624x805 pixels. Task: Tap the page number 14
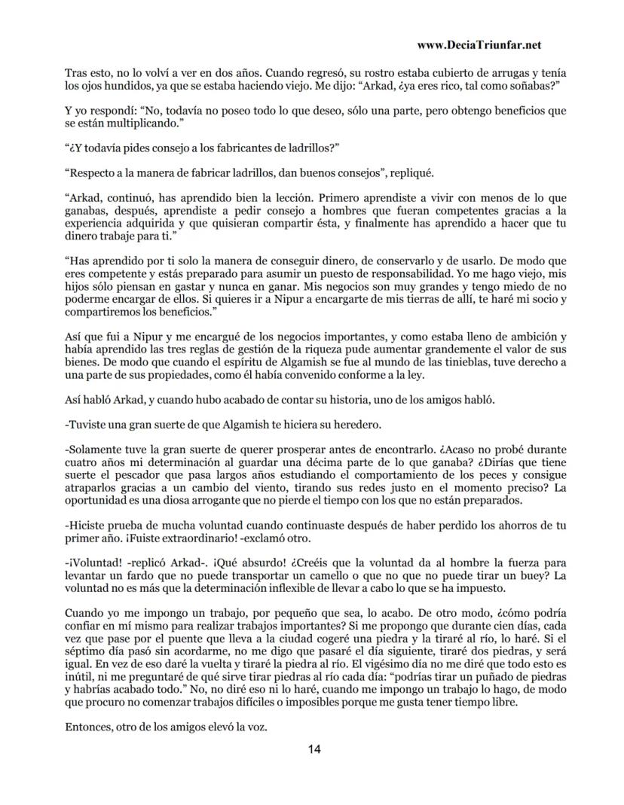coord(314,749)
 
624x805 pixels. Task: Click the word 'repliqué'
coord(409,172)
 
